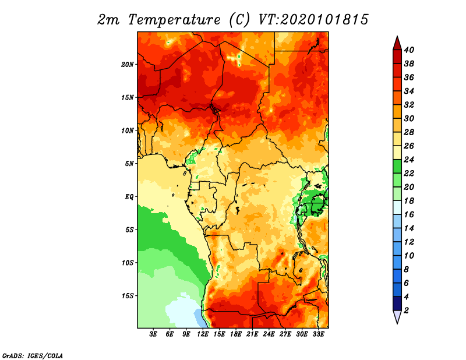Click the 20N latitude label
(x=127, y=65)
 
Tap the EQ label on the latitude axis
(x=129, y=196)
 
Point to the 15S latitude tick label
(x=128, y=296)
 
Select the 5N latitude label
(x=129, y=164)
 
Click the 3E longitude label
(x=153, y=334)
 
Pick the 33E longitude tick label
(x=318, y=334)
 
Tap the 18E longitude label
(x=236, y=334)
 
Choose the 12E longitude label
(x=203, y=334)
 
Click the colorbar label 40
(x=409, y=50)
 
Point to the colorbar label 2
(x=406, y=310)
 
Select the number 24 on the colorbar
(x=409, y=160)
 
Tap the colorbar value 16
(x=409, y=214)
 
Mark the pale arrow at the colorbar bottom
(x=397, y=316)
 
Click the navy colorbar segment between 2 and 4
(x=397, y=303)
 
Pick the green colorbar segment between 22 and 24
(x=397, y=167)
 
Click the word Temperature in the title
(x=174, y=20)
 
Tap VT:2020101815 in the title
(x=313, y=20)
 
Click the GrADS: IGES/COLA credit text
(x=33, y=355)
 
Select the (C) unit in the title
(x=239, y=20)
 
